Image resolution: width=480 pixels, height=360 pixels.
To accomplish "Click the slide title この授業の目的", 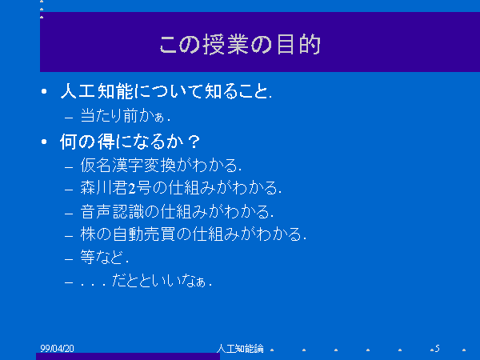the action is click(x=240, y=45).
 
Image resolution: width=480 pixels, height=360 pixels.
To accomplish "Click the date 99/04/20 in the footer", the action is click(x=58, y=348).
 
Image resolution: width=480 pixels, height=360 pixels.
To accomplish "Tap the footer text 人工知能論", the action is click(x=240, y=348).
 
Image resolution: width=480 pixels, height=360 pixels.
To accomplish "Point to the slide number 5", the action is click(x=437, y=348).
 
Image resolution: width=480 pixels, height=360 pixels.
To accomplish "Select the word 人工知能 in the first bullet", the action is click(x=97, y=91).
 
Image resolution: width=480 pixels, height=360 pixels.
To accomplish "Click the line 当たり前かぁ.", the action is click(x=125, y=116).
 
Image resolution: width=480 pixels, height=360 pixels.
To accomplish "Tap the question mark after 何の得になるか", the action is click(x=194, y=142).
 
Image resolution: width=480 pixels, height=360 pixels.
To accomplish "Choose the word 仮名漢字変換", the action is click(x=128, y=166).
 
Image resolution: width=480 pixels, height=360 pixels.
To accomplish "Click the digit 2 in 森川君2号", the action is click(x=132, y=189).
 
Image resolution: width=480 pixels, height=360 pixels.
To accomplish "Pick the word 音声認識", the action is click(x=112, y=211).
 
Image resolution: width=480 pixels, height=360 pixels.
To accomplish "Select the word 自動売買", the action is click(x=144, y=234).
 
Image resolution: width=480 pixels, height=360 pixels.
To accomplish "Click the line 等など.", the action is click(x=104, y=257).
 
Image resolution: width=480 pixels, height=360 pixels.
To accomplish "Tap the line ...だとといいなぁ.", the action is click(x=146, y=281).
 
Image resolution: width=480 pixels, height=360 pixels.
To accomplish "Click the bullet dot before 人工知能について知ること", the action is click(x=44, y=91).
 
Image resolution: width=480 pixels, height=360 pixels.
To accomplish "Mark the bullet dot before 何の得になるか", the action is click(x=44, y=142).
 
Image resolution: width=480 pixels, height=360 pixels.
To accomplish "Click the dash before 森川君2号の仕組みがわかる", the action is click(x=69, y=190).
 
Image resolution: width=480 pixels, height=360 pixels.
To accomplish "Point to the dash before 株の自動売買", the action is click(x=69, y=236).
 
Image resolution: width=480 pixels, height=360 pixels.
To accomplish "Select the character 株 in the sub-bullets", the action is click(x=88, y=234).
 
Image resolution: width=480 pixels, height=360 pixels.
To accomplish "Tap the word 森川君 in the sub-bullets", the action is click(x=104, y=188).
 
